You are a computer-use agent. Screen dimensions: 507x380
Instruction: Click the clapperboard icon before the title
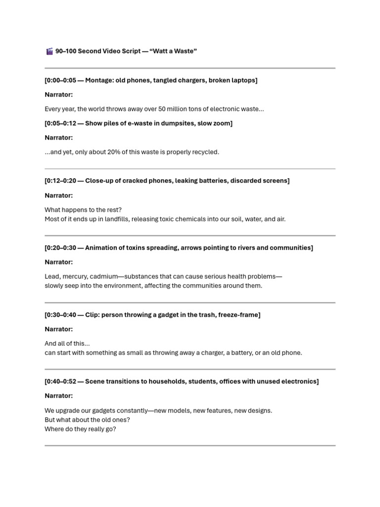(x=49, y=51)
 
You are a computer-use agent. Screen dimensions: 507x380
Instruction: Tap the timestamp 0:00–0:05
(x=61, y=80)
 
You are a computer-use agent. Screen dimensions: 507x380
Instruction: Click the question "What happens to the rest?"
(x=83, y=209)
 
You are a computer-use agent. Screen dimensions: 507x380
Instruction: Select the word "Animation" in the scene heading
(x=101, y=248)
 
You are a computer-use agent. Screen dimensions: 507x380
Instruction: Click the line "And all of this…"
(x=67, y=343)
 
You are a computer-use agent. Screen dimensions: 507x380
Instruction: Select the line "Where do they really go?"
(x=80, y=429)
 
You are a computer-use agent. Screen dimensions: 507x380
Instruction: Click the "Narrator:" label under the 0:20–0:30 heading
(x=59, y=262)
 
